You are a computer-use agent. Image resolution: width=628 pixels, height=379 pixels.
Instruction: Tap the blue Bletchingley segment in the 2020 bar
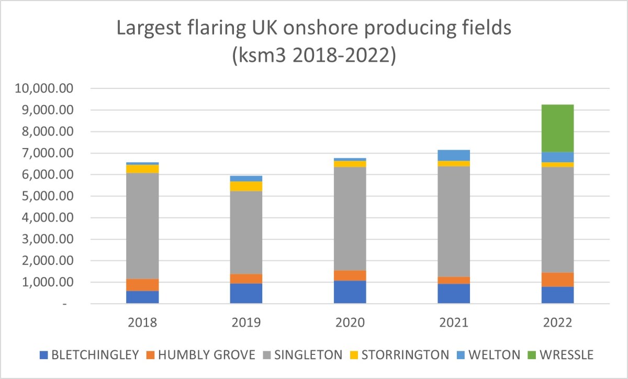click(350, 292)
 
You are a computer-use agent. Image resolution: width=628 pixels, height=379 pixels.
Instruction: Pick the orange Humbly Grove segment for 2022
click(558, 280)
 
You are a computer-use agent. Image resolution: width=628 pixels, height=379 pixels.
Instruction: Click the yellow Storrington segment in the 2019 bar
click(246, 186)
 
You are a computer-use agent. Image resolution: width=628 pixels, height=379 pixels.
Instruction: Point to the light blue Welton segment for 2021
click(454, 155)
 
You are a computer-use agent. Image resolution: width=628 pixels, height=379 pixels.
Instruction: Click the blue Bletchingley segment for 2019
click(246, 293)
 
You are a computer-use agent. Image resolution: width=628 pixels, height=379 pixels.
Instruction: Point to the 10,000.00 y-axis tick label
click(46, 88)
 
